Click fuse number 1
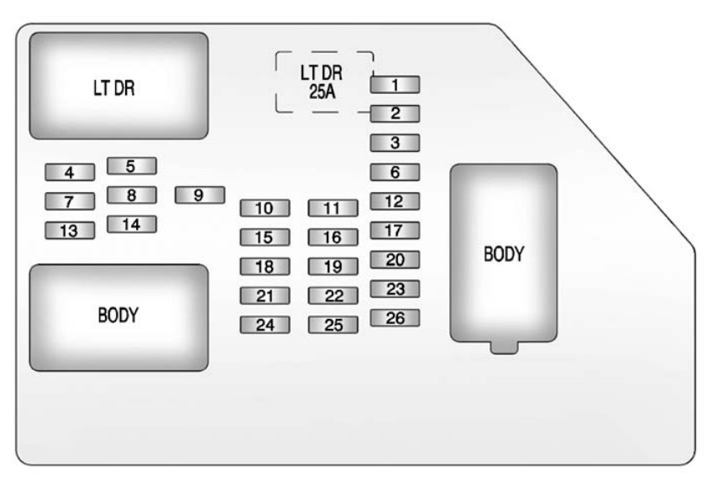click(395, 84)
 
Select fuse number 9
click(199, 195)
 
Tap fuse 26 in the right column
click(395, 318)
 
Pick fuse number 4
click(70, 173)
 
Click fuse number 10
click(265, 208)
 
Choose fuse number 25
click(333, 325)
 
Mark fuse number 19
click(333, 267)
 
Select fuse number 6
click(395, 173)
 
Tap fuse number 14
click(132, 224)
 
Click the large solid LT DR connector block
click(118, 86)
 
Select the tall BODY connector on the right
click(503, 253)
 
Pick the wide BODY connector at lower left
click(118, 317)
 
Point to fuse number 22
click(333, 295)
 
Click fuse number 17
click(395, 230)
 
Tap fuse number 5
click(132, 166)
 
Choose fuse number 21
click(265, 295)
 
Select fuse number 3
click(395, 143)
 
